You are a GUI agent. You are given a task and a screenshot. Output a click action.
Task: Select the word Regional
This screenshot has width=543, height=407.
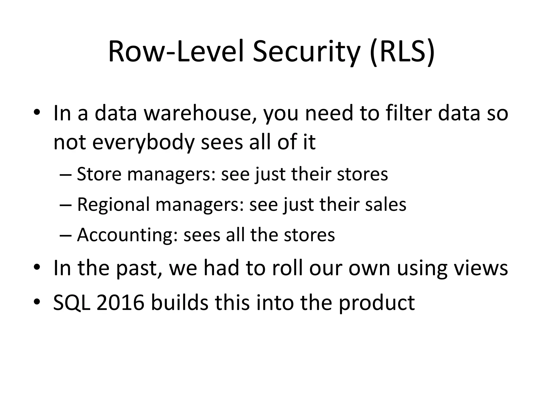pos(113,205)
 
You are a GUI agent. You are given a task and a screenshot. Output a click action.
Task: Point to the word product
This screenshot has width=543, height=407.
pos(377,303)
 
